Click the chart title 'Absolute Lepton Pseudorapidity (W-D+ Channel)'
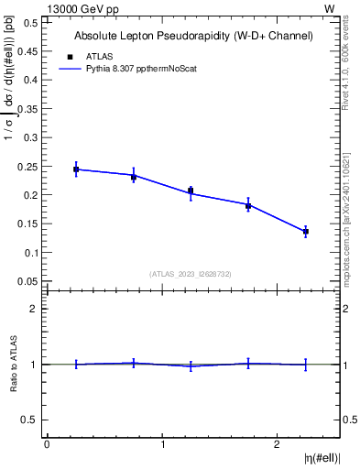click(193, 36)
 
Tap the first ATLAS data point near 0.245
click(76, 169)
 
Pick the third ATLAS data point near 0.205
click(191, 191)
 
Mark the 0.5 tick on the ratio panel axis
click(32, 420)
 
